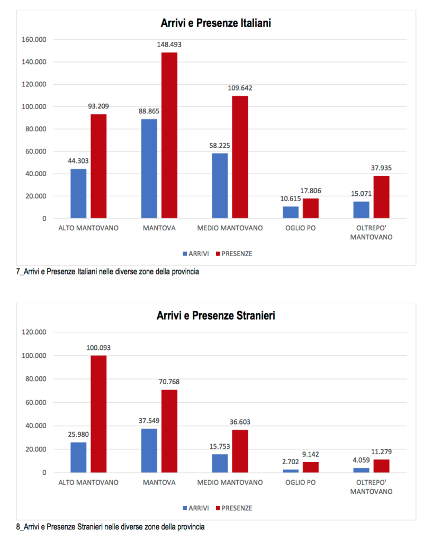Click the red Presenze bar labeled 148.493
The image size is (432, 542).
tap(169, 135)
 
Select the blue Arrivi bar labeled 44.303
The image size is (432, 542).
tap(78, 193)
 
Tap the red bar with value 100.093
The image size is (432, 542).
tap(98, 413)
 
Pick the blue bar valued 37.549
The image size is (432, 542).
tap(149, 450)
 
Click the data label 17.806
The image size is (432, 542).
tap(310, 191)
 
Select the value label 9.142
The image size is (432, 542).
tap(310, 454)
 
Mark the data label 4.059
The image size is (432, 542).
tap(361, 460)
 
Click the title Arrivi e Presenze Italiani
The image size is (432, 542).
tap(216, 24)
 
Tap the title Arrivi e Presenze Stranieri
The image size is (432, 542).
tap(216, 316)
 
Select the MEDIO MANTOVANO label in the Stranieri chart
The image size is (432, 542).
tap(230, 482)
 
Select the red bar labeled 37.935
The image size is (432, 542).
tap(382, 196)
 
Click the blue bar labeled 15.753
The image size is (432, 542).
tap(220, 463)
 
